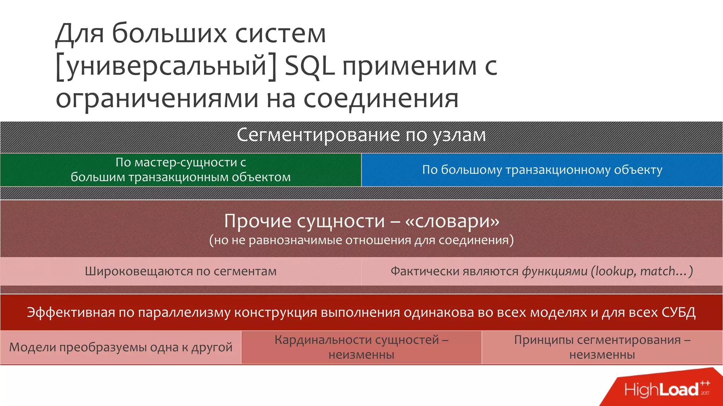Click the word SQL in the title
tap(309, 66)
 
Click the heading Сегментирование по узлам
tap(361, 135)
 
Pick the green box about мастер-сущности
tap(180, 170)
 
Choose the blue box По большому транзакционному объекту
tap(542, 170)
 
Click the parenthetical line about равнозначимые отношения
tap(361, 240)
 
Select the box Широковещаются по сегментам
tap(180, 271)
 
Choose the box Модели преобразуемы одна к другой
tap(121, 347)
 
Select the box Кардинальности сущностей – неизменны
tap(361, 347)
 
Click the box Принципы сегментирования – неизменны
tap(602, 347)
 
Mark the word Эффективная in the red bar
tap(71, 312)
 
